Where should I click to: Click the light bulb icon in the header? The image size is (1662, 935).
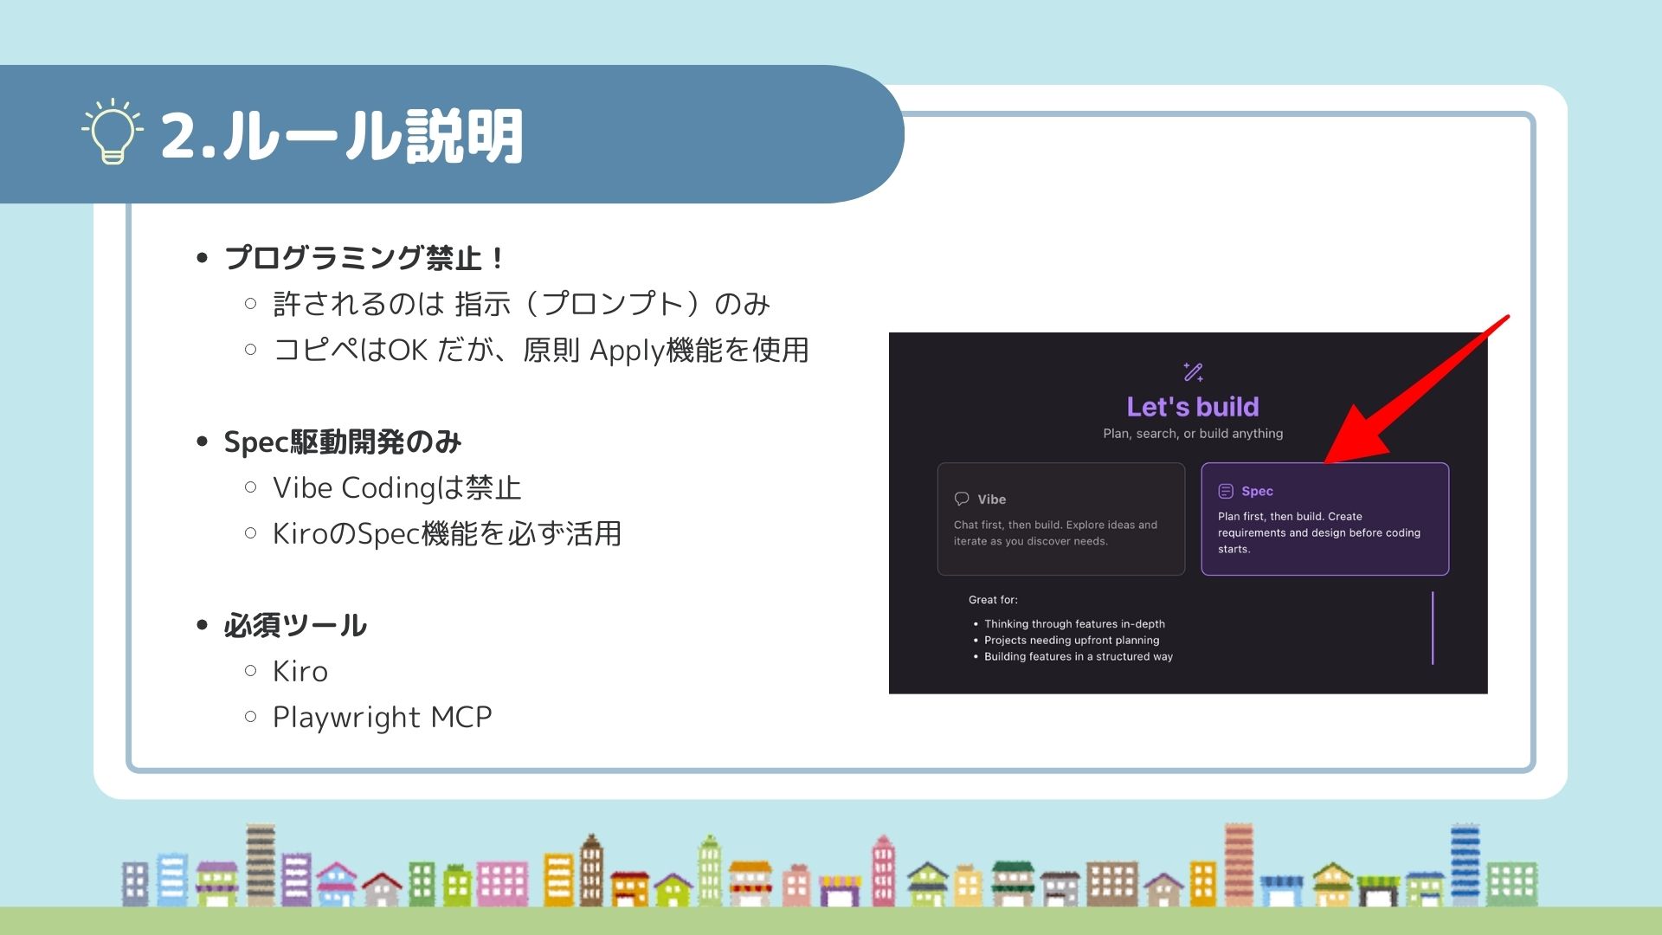[x=113, y=132]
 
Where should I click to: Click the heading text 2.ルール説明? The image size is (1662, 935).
[x=342, y=136]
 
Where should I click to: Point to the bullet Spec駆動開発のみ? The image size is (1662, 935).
[x=343, y=442]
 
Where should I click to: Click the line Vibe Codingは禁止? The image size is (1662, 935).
[x=397, y=488]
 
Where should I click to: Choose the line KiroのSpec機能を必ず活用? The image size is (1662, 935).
[x=448, y=534]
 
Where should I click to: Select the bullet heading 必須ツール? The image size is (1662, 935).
[x=295, y=626]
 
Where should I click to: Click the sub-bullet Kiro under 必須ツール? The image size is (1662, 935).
[x=300, y=672]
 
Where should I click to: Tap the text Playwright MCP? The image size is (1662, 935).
[x=383, y=718]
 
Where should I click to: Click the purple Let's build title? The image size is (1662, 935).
[x=1193, y=407]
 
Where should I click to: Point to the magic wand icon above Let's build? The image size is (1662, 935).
[x=1194, y=371]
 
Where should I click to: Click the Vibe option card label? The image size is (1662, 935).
[x=992, y=500]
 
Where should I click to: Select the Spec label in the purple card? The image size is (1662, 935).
[x=1257, y=492]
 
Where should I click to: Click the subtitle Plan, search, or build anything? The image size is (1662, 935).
[x=1193, y=434]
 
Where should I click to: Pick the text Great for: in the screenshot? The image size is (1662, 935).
[x=993, y=600]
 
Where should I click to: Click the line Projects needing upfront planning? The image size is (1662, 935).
[x=1072, y=641]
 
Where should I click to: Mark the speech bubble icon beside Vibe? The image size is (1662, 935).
[x=962, y=499]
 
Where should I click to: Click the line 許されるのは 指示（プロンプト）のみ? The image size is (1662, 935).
[x=521, y=305]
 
